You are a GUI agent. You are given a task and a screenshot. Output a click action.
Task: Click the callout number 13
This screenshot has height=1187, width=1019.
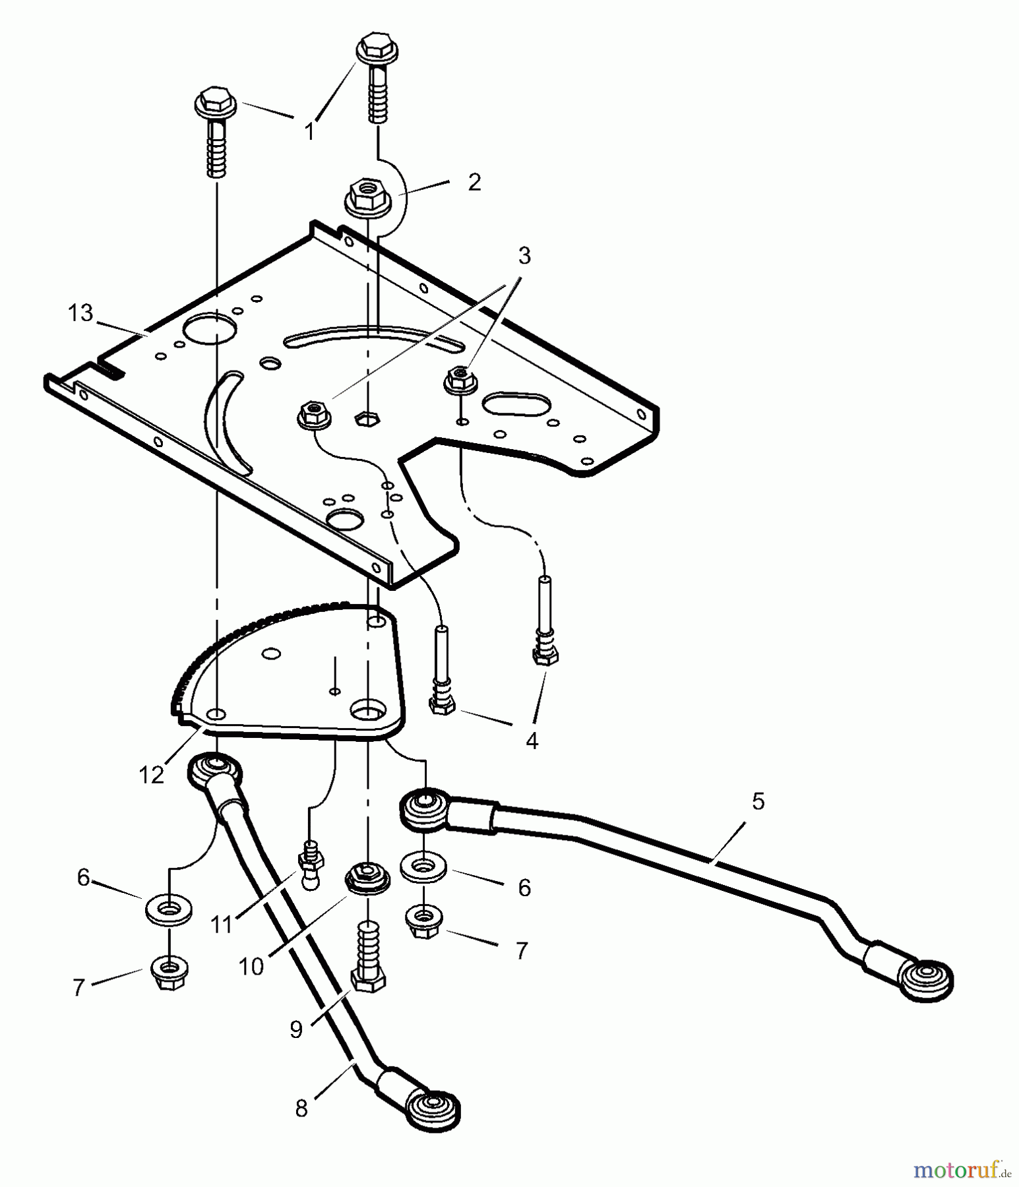80,313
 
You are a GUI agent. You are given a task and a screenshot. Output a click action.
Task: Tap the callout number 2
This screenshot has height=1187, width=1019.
474,182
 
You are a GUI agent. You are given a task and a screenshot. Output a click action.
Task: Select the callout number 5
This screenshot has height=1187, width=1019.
758,802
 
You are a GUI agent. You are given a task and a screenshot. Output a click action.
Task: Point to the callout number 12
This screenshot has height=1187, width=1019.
151,775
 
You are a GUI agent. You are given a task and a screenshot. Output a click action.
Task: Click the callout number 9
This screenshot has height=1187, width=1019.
296,1029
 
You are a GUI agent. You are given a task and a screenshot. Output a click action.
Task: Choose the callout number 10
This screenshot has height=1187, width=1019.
251,967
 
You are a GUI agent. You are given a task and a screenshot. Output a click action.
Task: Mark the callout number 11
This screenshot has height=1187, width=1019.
222,925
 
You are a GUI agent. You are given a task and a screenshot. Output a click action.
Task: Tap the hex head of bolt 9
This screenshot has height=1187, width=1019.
368,980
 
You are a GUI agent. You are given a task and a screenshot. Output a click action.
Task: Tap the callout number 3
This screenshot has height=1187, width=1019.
524,255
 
